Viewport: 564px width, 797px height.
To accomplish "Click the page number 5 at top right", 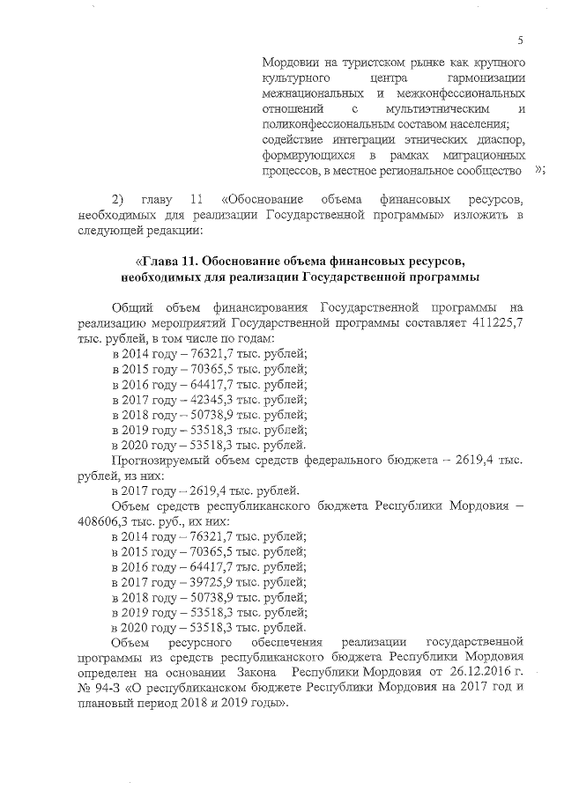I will pyautogui.click(x=521, y=39).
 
